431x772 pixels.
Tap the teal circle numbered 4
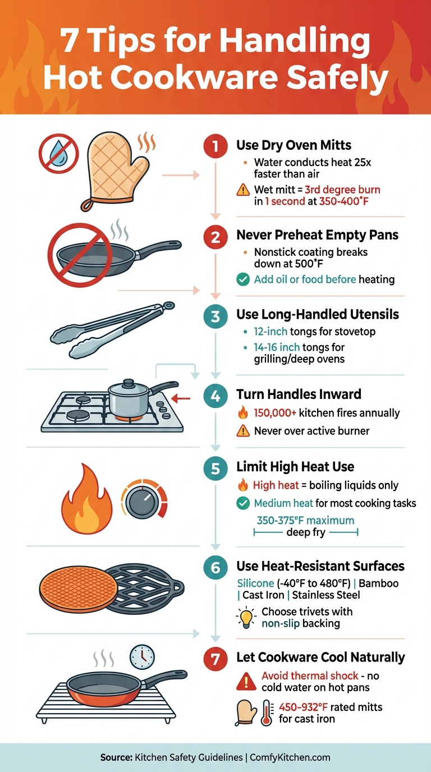click(x=215, y=397)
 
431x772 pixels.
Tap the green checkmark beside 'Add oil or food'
click(x=243, y=279)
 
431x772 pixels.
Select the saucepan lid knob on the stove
click(x=128, y=383)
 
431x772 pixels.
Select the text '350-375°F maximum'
click(x=305, y=520)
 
